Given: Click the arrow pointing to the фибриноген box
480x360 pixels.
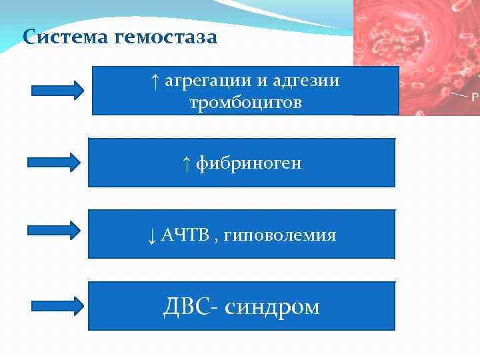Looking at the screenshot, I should click(x=55, y=162).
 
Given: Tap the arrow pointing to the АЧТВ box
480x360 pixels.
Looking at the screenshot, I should click(x=55, y=230).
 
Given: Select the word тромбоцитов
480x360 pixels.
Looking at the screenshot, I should click(x=245, y=104).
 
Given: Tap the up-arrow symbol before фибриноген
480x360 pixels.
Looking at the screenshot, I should click(x=187, y=163).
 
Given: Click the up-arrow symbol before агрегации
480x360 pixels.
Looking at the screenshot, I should click(x=155, y=81).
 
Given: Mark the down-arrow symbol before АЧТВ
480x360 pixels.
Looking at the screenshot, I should click(x=151, y=235).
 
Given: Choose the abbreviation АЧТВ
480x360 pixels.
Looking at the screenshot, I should click(x=185, y=235).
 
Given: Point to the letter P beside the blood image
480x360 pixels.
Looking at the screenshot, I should click(x=475, y=97).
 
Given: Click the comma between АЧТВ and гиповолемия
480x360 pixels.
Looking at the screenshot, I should click(x=216, y=239).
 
